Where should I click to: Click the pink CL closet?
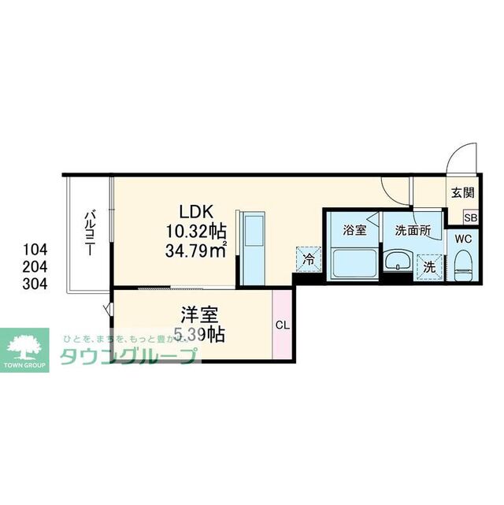click(281, 325)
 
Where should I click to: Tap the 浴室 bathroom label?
click(354, 231)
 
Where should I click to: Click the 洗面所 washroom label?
click(412, 231)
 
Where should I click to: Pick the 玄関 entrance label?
click(462, 191)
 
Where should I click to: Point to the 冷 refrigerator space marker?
click(309, 257)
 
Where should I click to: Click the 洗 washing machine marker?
click(429, 266)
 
